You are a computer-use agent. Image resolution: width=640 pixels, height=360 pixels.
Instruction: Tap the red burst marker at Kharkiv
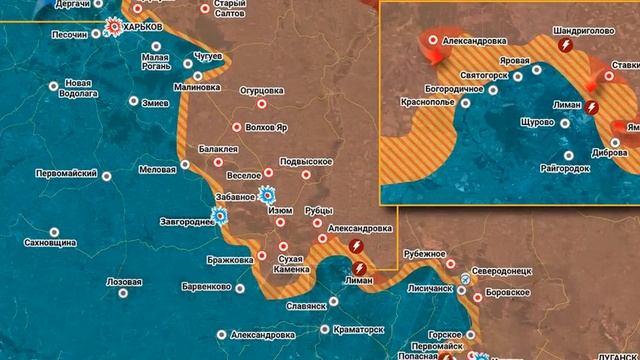pyautogui.click(x=115, y=29)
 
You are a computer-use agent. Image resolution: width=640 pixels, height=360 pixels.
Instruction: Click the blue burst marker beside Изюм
pyautogui.click(x=266, y=195)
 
